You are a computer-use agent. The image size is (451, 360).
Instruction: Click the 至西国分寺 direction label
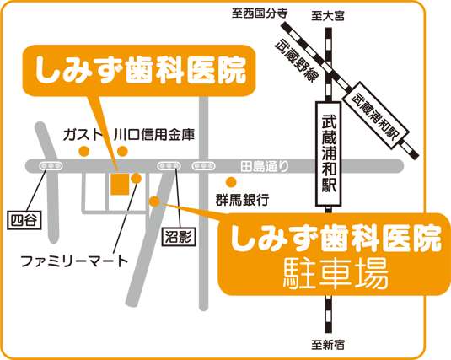[259, 13]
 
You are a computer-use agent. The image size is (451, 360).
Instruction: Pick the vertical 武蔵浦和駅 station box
[327, 152]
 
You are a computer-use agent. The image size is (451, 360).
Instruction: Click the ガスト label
[83, 134]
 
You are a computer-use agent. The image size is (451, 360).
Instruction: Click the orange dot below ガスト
[83, 151]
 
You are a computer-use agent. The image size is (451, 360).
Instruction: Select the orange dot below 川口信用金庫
[123, 151]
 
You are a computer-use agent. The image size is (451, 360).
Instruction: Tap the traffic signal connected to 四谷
[51, 165]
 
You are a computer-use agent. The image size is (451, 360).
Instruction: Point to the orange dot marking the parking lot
[153, 200]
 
